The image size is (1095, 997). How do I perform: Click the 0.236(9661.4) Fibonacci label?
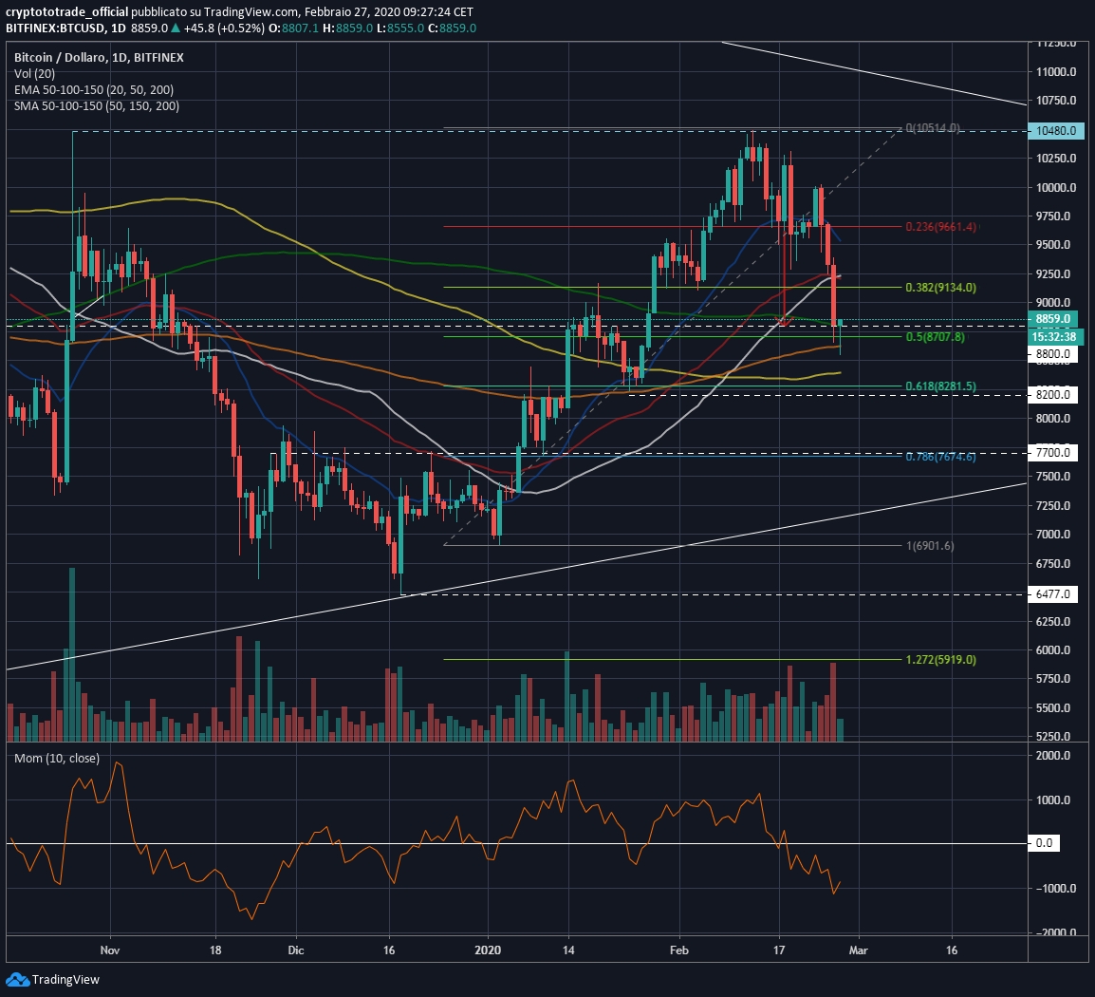pyautogui.click(x=939, y=227)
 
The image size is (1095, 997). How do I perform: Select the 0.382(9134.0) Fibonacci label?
pyautogui.click(x=939, y=287)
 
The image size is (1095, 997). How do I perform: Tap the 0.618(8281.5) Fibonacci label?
pyautogui.click(x=939, y=386)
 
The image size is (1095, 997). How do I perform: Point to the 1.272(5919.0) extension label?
pyautogui.click(x=939, y=659)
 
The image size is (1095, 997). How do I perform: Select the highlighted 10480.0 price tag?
pyautogui.click(x=1055, y=130)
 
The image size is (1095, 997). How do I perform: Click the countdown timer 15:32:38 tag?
pyautogui.click(x=1055, y=336)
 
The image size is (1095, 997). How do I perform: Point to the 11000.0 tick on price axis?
pyautogui.click(x=1055, y=72)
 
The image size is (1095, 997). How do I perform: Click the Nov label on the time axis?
pyautogui.click(x=110, y=950)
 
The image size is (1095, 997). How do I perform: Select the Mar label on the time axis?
pyautogui.click(x=859, y=950)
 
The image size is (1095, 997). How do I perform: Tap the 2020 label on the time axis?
pyautogui.click(x=487, y=950)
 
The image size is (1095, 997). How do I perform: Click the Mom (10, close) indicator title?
pyautogui.click(x=57, y=759)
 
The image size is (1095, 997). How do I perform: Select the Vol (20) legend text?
pyautogui.click(x=35, y=73)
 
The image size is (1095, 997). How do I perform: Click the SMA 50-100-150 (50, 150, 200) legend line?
pyautogui.click(x=97, y=105)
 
